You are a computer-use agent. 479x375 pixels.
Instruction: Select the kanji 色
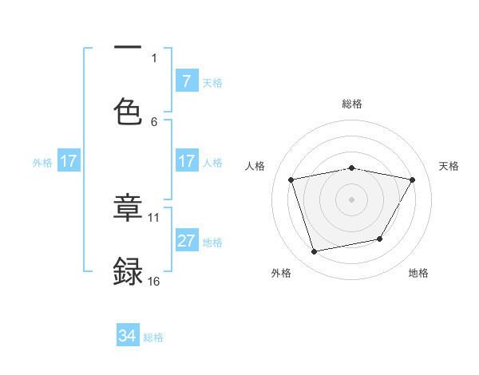pos(128,112)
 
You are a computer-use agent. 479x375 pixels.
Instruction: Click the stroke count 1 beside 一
pos(154,57)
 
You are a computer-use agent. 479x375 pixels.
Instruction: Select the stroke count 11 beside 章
pos(154,216)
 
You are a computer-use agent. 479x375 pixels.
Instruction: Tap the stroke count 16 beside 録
pos(154,281)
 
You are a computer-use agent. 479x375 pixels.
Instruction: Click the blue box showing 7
pos(186,81)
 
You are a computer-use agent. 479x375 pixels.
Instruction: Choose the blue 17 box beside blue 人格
pos(186,161)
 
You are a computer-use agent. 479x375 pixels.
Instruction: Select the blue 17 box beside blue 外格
pos(68,161)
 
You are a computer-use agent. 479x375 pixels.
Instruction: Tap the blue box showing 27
pos(186,241)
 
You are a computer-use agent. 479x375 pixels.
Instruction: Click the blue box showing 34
pos(128,336)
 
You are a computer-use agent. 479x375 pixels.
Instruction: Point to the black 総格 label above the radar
pos(352,104)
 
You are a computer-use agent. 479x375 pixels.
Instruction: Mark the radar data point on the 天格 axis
pos(413,180)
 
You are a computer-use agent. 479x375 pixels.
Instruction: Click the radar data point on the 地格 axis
pos(380,239)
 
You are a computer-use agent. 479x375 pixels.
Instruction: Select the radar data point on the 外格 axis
pos(315,251)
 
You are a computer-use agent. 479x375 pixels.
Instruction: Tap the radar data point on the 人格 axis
pos(291,180)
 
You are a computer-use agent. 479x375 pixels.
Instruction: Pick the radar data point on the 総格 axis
pos(352,168)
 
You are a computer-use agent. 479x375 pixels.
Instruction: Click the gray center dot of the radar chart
pos(352,199)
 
